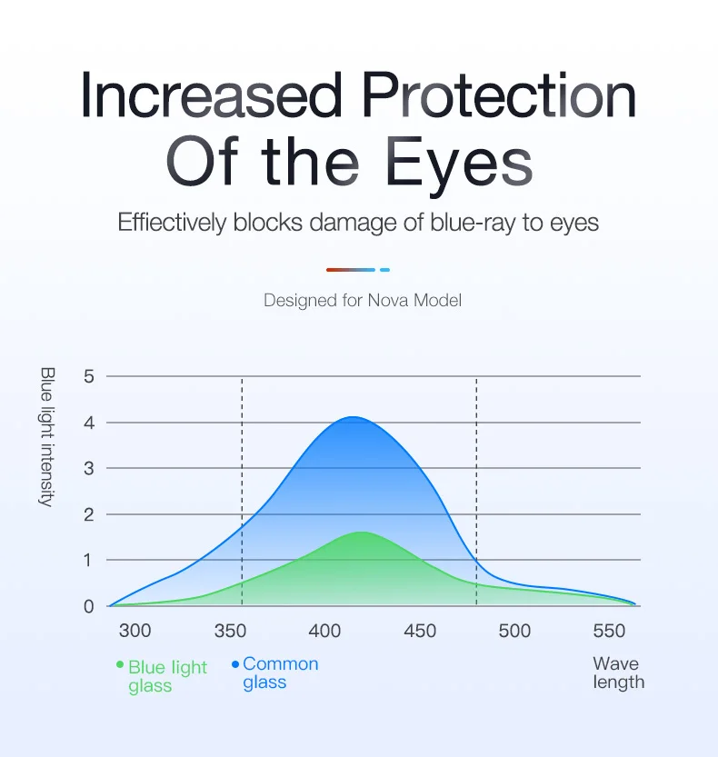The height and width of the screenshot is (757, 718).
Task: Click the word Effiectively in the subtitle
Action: click(x=171, y=223)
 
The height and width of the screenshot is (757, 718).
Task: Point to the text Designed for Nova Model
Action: click(x=362, y=299)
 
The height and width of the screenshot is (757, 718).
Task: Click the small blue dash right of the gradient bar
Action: click(x=384, y=269)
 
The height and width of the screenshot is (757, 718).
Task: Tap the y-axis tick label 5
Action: click(x=89, y=376)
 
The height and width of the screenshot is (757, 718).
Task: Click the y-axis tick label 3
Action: click(x=89, y=468)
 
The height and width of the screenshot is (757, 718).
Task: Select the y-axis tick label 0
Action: click(x=89, y=606)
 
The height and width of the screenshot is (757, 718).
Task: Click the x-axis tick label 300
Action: click(x=135, y=631)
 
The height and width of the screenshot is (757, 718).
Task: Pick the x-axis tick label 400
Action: click(x=325, y=631)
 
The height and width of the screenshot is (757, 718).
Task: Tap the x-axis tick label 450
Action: click(x=420, y=631)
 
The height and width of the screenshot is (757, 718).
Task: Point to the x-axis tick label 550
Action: click(x=609, y=631)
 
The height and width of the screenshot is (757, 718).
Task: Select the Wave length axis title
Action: click(x=618, y=673)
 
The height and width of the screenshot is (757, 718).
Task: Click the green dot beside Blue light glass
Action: click(x=120, y=664)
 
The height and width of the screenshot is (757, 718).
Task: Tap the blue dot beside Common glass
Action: click(x=235, y=664)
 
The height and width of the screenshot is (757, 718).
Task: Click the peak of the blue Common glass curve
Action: click(x=353, y=417)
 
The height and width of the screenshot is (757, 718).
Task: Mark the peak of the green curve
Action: click(x=362, y=533)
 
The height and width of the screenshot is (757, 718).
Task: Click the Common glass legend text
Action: click(x=280, y=673)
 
